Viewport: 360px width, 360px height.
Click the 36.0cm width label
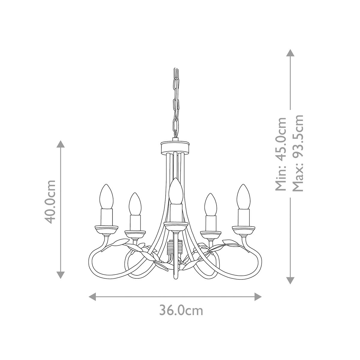(x=181, y=310)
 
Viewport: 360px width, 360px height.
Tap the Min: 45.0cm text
(x=281, y=154)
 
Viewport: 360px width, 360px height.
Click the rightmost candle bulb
(x=243, y=196)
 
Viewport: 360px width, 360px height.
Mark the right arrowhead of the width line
(x=258, y=297)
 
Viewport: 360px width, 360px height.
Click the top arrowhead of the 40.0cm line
(x=61, y=144)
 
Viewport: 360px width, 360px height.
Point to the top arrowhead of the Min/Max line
(x=290, y=53)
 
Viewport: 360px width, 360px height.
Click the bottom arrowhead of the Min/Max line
(x=290, y=280)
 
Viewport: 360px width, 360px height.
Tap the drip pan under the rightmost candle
(x=244, y=229)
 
